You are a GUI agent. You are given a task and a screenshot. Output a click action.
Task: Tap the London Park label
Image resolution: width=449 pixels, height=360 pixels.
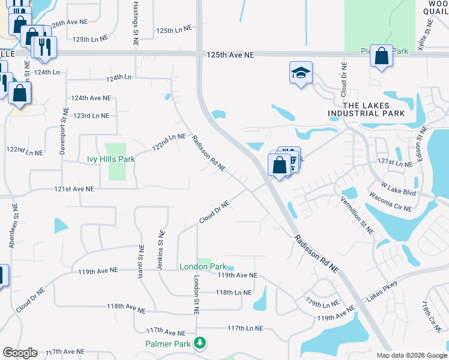(x=203, y=266)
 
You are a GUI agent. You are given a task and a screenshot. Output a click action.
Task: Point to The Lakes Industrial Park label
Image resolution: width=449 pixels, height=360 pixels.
(x=366, y=109)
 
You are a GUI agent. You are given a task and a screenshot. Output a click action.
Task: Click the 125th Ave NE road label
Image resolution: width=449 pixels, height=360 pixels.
(x=231, y=55)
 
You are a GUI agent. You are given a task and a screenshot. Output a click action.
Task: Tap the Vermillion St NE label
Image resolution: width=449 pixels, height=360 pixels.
(x=357, y=214)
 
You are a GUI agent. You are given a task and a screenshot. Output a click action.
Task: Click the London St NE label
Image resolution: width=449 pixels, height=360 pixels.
(x=196, y=295)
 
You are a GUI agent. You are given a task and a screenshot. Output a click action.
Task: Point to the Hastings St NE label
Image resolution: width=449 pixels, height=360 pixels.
(x=135, y=23)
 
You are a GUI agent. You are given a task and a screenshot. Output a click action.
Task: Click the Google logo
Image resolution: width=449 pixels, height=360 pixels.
(x=19, y=353)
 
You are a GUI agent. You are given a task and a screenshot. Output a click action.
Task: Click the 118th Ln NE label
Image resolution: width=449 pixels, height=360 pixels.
(x=234, y=292)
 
